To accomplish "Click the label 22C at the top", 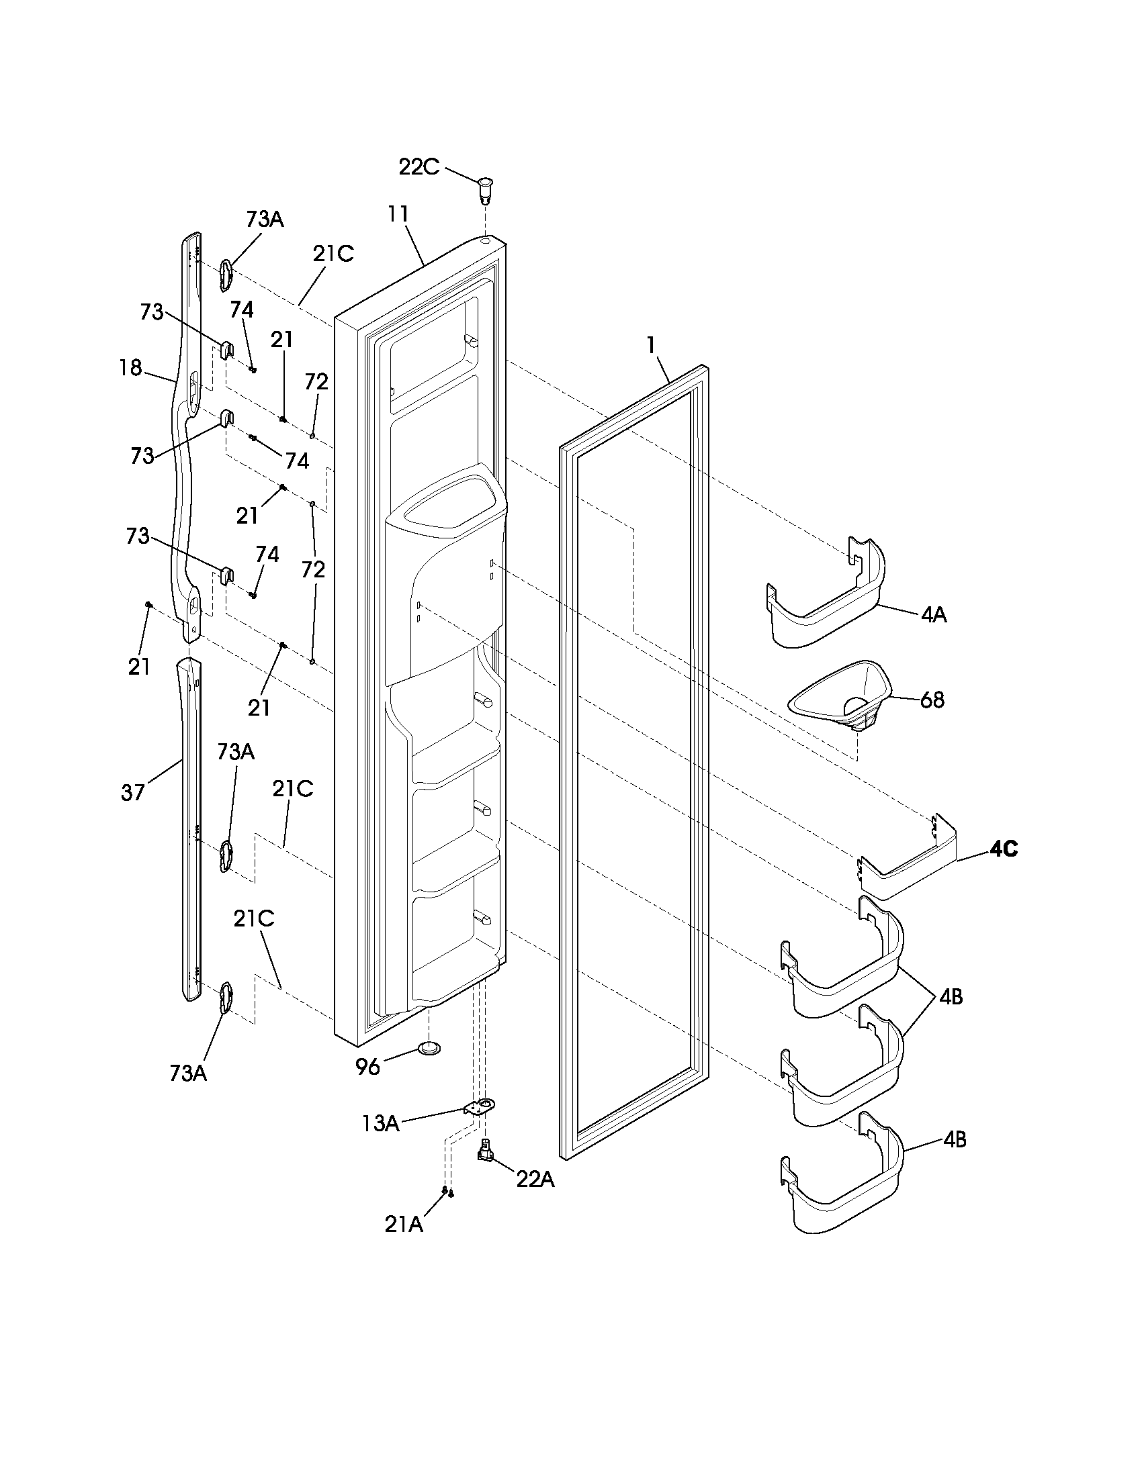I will coord(418,167).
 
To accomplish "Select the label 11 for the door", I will coord(398,213).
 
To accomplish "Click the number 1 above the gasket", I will coord(651,345).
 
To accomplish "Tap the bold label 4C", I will coord(1004,849).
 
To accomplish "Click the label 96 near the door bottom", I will coord(367,1067).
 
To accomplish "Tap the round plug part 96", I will coord(427,1048).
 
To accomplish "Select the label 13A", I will coord(380,1123).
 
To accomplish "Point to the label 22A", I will coord(535,1180).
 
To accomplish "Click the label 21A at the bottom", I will coord(404,1225).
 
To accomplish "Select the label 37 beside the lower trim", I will coord(132,792).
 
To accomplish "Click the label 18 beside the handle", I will coord(130,368).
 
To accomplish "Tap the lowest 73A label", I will coord(188,1074).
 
